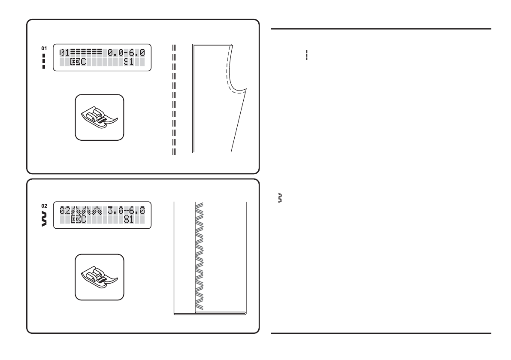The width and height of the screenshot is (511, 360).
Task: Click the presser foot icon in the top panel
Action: click(100, 117)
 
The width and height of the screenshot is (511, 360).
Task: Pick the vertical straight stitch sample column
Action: click(174, 99)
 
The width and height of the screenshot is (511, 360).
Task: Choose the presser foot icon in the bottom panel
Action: click(100, 277)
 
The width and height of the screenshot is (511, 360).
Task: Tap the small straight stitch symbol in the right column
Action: click(308, 54)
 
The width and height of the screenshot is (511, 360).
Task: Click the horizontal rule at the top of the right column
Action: click(381, 29)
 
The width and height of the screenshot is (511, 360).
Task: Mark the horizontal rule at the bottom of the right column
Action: click(381, 333)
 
